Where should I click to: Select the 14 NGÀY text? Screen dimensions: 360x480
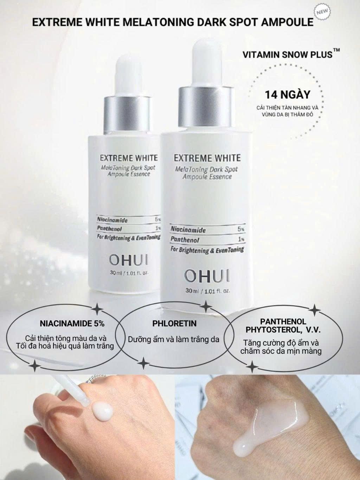point(288,95)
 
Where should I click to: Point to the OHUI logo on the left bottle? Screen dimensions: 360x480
point(129,261)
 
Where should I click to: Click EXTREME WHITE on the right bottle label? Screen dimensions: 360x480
point(207,158)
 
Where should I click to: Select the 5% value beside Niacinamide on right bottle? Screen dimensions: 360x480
point(240,229)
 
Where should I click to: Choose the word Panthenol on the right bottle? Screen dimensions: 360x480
point(185,240)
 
